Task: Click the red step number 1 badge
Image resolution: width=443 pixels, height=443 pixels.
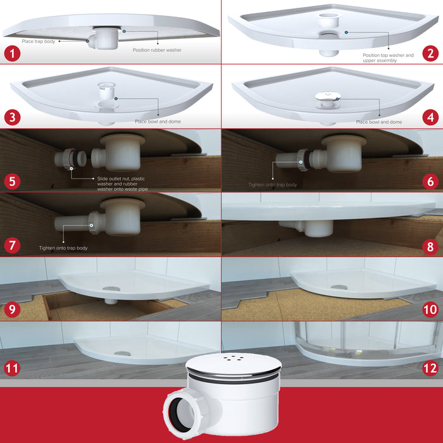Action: pos(12,53)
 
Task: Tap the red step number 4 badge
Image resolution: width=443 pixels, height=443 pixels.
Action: pos(430,117)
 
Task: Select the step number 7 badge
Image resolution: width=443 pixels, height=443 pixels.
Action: pos(12,245)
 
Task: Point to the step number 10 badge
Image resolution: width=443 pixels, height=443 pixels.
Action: pos(430,309)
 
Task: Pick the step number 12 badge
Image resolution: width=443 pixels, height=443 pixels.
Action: pos(430,368)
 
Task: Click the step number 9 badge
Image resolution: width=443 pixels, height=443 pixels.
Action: pos(12,309)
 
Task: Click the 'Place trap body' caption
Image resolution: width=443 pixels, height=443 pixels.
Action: pos(39,42)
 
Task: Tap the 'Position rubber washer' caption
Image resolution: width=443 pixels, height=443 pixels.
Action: pos(157,50)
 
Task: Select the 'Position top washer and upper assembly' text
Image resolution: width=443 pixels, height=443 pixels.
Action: pos(388,58)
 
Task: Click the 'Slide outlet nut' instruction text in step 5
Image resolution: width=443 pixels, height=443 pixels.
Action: pos(122,184)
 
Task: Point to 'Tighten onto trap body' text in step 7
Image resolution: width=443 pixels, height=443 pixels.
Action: pos(63,248)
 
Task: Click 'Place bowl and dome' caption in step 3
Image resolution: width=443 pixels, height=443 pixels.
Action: pos(158,122)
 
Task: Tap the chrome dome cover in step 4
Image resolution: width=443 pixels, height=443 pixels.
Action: pos(328,96)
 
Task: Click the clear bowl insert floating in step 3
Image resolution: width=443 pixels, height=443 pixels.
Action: pos(106,90)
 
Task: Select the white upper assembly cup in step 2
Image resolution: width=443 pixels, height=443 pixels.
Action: pos(329,20)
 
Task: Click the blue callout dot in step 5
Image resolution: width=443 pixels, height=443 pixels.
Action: pos(71,168)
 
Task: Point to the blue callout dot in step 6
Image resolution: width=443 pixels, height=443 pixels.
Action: pos(301,162)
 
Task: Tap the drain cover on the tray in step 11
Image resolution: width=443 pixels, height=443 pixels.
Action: pos(122,353)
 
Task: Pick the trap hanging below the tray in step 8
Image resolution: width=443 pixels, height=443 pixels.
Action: pos(307,228)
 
